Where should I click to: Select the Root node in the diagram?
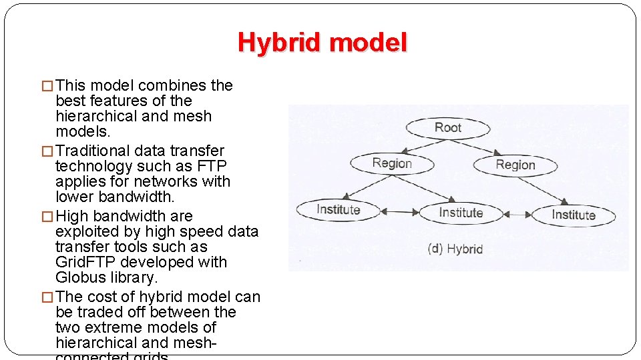point(448,128)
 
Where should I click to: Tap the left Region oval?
point(392,163)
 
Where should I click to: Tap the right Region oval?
point(515,165)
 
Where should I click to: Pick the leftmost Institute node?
point(338,209)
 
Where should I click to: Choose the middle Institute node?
point(461,213)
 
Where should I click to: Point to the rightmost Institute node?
point(573,215)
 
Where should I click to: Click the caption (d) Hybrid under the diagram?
point(455,249)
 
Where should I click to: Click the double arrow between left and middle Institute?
point(399,212)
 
